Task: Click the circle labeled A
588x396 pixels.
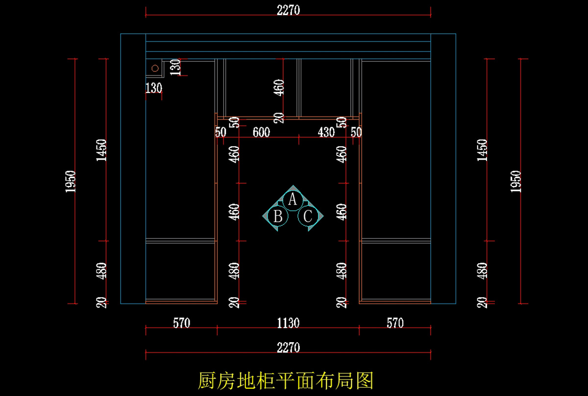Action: pyautogui.click(x=293, y=201)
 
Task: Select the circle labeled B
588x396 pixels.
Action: pyautogui.click(x=278, y=216)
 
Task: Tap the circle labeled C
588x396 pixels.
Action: pyautogui.click(x=308, y=216)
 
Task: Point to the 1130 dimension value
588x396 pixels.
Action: pyautogui.click(x=288, y=323)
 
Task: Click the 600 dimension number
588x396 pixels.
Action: pyautogui.click(x=261, y=132)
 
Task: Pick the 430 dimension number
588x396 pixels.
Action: pyautogui.click(x=326, y=132)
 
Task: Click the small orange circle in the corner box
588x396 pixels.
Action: pyautogui.click(x=155, y=69)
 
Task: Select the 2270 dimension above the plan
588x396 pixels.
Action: pyautogui.click(x=288, y=10)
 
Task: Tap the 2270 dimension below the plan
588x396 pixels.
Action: pyautogui.click(x=288, y=348)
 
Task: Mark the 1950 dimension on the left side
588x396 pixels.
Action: pyautogui.click(x=71, y=182)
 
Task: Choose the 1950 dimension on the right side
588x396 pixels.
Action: pyautogui.click(x=515, y=182)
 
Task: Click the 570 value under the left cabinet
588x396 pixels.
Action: pyautogui.click(x=182, y=323)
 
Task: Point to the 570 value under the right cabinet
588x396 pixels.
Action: pyautogui.click(x=395, y=323)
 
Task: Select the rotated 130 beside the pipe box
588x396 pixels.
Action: pyautogui.click(x=175, y=68)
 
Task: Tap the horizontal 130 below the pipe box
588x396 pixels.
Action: pyautogui.click(x=154, y=88)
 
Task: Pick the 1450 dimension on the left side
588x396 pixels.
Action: pyautogui.click(x=101, y=150)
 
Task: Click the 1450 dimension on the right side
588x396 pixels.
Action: pyautogui.click(x=482, y=150)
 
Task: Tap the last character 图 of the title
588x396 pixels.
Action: pyautogui.click(x=365, y=380)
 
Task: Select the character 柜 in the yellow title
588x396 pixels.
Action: pyautogui.click(x=266, y=380)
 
